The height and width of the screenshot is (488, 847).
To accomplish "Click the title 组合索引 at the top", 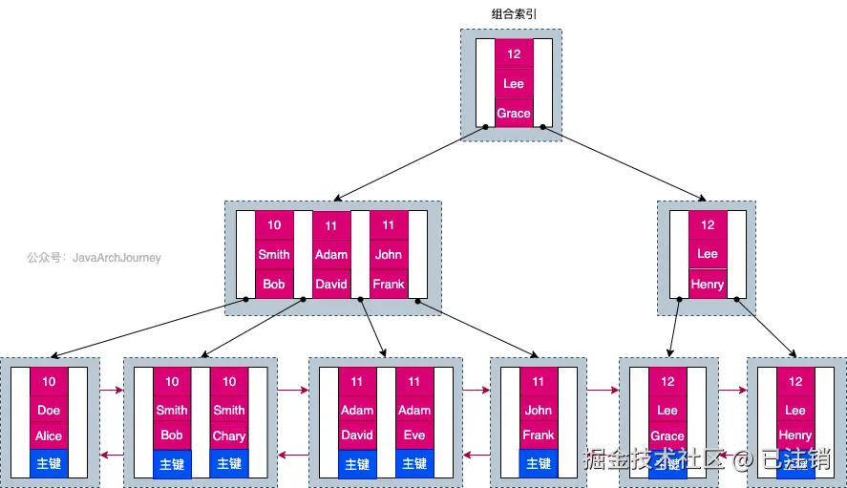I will coord(513,14).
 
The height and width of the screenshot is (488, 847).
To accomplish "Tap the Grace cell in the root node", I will coord(514,113).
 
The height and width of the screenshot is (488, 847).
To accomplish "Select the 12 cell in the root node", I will coord(514,54).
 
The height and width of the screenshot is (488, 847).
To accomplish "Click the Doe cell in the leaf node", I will coord(49,410).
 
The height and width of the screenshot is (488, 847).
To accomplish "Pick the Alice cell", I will coord(49,435).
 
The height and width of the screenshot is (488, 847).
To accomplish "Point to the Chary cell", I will coord(229,435).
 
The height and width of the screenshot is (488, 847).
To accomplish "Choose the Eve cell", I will coord(414,435).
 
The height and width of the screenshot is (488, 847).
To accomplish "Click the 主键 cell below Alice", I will coord(49,463).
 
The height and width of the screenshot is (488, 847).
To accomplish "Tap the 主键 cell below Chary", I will coord(229,463).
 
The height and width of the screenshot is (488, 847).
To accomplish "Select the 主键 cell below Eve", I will coord(414,463).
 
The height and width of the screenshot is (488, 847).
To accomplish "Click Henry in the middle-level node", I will coord(708,284).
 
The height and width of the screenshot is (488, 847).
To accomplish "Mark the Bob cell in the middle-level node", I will coord(274,284).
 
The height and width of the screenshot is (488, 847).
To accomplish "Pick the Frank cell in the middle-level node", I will coord(389,284).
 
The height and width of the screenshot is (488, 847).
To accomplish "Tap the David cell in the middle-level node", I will coord(331,284).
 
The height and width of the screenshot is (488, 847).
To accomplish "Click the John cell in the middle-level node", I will coord(389,254).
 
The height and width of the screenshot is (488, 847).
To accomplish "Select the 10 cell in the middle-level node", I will coord(274,225).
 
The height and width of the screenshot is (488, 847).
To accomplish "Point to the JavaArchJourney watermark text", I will coord(94,258).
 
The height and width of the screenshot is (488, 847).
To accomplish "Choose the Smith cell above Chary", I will coord(229,410).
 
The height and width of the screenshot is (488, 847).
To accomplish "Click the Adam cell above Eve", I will coord(414,410).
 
